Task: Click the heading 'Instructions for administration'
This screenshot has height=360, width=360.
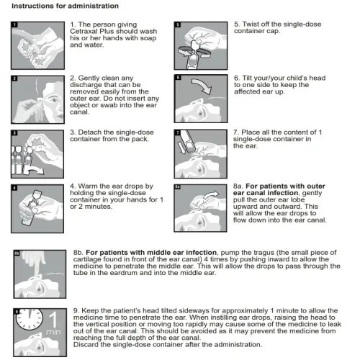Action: click(x=65, y=6)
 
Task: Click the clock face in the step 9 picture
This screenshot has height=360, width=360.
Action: click(x=30, y=319)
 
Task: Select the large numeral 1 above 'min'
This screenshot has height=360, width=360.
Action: click(x=53, y=319)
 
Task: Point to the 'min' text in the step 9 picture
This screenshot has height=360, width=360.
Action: click(x=53, y=332)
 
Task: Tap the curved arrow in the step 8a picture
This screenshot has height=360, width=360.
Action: click(x=212, y=194)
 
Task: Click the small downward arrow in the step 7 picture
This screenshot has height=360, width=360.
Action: click(x=182, y=148)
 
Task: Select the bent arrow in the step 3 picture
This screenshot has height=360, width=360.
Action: click(x=34, y=170)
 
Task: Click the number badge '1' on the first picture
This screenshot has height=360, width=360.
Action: click(x=14, y=24)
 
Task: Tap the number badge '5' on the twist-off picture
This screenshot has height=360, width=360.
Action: click(x=178, y=24)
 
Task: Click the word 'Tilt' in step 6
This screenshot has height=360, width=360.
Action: click(x=247, y=78)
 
